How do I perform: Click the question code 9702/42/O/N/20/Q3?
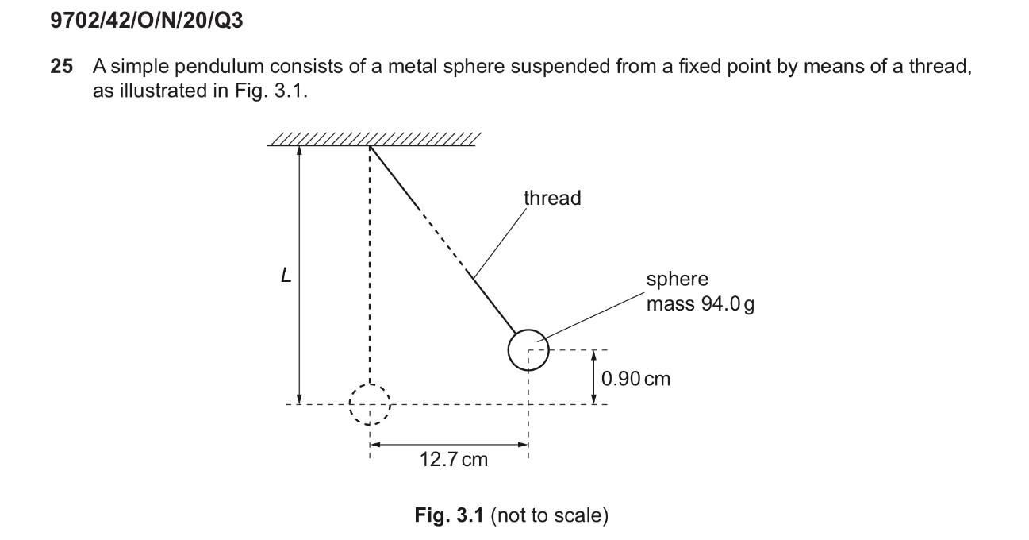pos(147,20)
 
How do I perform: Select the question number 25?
pos(62,66)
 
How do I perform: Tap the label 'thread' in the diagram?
pos(552,199)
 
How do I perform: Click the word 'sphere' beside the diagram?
pos(677,280)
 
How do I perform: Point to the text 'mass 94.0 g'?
pos(700,304)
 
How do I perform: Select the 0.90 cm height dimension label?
pos(635,379)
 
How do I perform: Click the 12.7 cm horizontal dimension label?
pos(453,460)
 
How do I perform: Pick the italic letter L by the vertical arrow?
pos(286,276)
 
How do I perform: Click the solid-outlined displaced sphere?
pos(528,350)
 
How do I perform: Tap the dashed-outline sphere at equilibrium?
pos(370,404)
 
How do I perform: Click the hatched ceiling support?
pos(374,140)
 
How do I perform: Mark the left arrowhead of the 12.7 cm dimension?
pos(375,445)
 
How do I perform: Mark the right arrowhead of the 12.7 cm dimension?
pos(523,445)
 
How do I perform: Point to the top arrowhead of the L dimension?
pos(299,150)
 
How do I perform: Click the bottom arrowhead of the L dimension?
pos(299,399)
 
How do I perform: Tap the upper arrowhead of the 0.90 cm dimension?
pos(593,355)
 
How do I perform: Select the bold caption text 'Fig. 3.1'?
pos(449,515)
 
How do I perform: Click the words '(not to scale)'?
pos(550,516)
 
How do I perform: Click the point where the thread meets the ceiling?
pos(370,146)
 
